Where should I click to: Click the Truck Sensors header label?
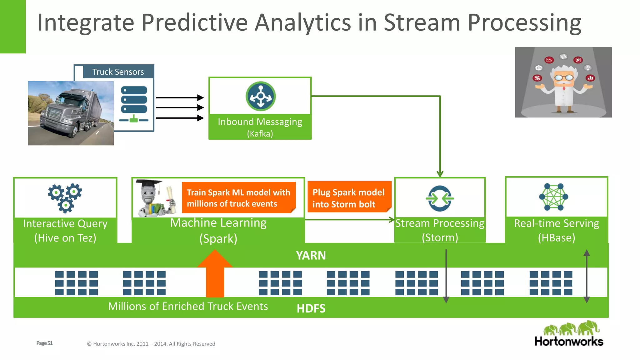pyautogui.click(x=118, y=72)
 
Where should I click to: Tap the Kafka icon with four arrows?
pyautogui.click(x=260, y=96)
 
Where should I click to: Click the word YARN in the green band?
pyautogui.click(x=311, y=256)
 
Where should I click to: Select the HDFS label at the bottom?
pyautogui.click(x=311, y=308)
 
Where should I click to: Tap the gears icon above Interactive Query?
pyautogui.click(x=65, y=198)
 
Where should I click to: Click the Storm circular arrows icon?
pyautogui.click(x=440, y=198)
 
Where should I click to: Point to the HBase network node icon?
pyautogui.click(x=553, y=197)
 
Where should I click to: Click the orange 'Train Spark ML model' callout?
pyautogui.click(x=238, y=198)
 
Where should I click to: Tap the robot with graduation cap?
pyautogui.click(x=153, y=198)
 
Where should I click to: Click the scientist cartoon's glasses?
pyautogui.click(x=564, y=77)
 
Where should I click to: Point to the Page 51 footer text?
pyautogui.click(x=44, y=343)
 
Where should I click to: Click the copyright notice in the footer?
pyautogui.click(x=151, y=344)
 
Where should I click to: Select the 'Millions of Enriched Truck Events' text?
pyautogui.click(x=188, y=306)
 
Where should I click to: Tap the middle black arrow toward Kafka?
pyautogui.click(x=180, y=107)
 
